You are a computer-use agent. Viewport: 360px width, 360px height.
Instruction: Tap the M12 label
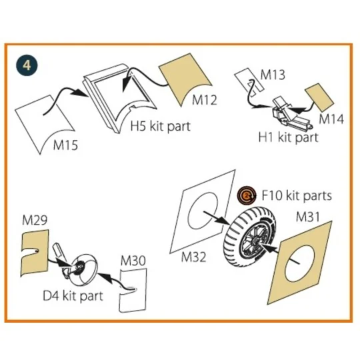[205, 100]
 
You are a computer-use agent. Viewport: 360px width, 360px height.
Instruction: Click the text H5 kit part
[159, 126]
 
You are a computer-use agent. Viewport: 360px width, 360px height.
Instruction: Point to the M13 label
[272, 75]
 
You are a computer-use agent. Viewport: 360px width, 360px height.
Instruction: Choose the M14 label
[331, 120]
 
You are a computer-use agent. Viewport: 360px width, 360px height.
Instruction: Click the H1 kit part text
[288, 137]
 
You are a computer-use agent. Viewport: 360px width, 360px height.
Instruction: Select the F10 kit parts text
[296, 197]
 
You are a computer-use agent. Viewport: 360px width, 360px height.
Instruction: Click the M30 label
[132, 261]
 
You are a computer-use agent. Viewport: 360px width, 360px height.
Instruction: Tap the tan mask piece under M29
[34, 253]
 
